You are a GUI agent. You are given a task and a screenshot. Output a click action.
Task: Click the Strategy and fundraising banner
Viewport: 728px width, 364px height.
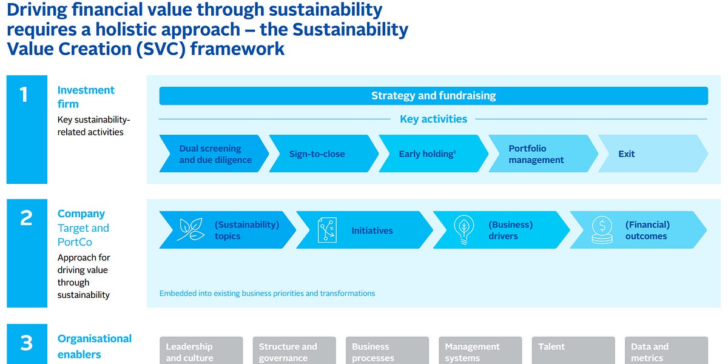[433, 96]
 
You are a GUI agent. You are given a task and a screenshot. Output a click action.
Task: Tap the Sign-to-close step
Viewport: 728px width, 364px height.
[317, 154]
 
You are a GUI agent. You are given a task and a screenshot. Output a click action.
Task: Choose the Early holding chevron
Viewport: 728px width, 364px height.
[427, 154]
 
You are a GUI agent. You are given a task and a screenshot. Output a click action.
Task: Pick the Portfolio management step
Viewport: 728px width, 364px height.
[536, 154]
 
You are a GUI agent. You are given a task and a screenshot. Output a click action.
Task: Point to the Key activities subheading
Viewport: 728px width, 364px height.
[433, 119]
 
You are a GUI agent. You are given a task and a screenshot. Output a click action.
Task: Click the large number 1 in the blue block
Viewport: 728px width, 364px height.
[24, 95]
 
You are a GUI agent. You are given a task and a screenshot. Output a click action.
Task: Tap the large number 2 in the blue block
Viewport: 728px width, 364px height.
[26, 218]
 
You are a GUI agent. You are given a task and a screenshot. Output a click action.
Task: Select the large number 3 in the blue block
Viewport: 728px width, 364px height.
[26, 343]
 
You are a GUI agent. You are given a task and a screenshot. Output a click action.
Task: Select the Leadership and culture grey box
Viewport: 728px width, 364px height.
[201, 351]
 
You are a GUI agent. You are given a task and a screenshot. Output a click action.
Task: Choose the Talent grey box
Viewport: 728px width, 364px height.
[573, 350]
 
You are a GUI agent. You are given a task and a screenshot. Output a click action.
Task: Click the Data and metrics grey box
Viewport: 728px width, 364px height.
[666, 351]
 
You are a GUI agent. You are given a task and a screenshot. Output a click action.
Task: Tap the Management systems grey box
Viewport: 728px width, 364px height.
[480, 351]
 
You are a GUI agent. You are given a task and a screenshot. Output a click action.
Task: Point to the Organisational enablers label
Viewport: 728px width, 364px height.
[94, 346]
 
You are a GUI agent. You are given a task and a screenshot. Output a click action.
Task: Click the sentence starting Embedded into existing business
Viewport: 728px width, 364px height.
[267, 294]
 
